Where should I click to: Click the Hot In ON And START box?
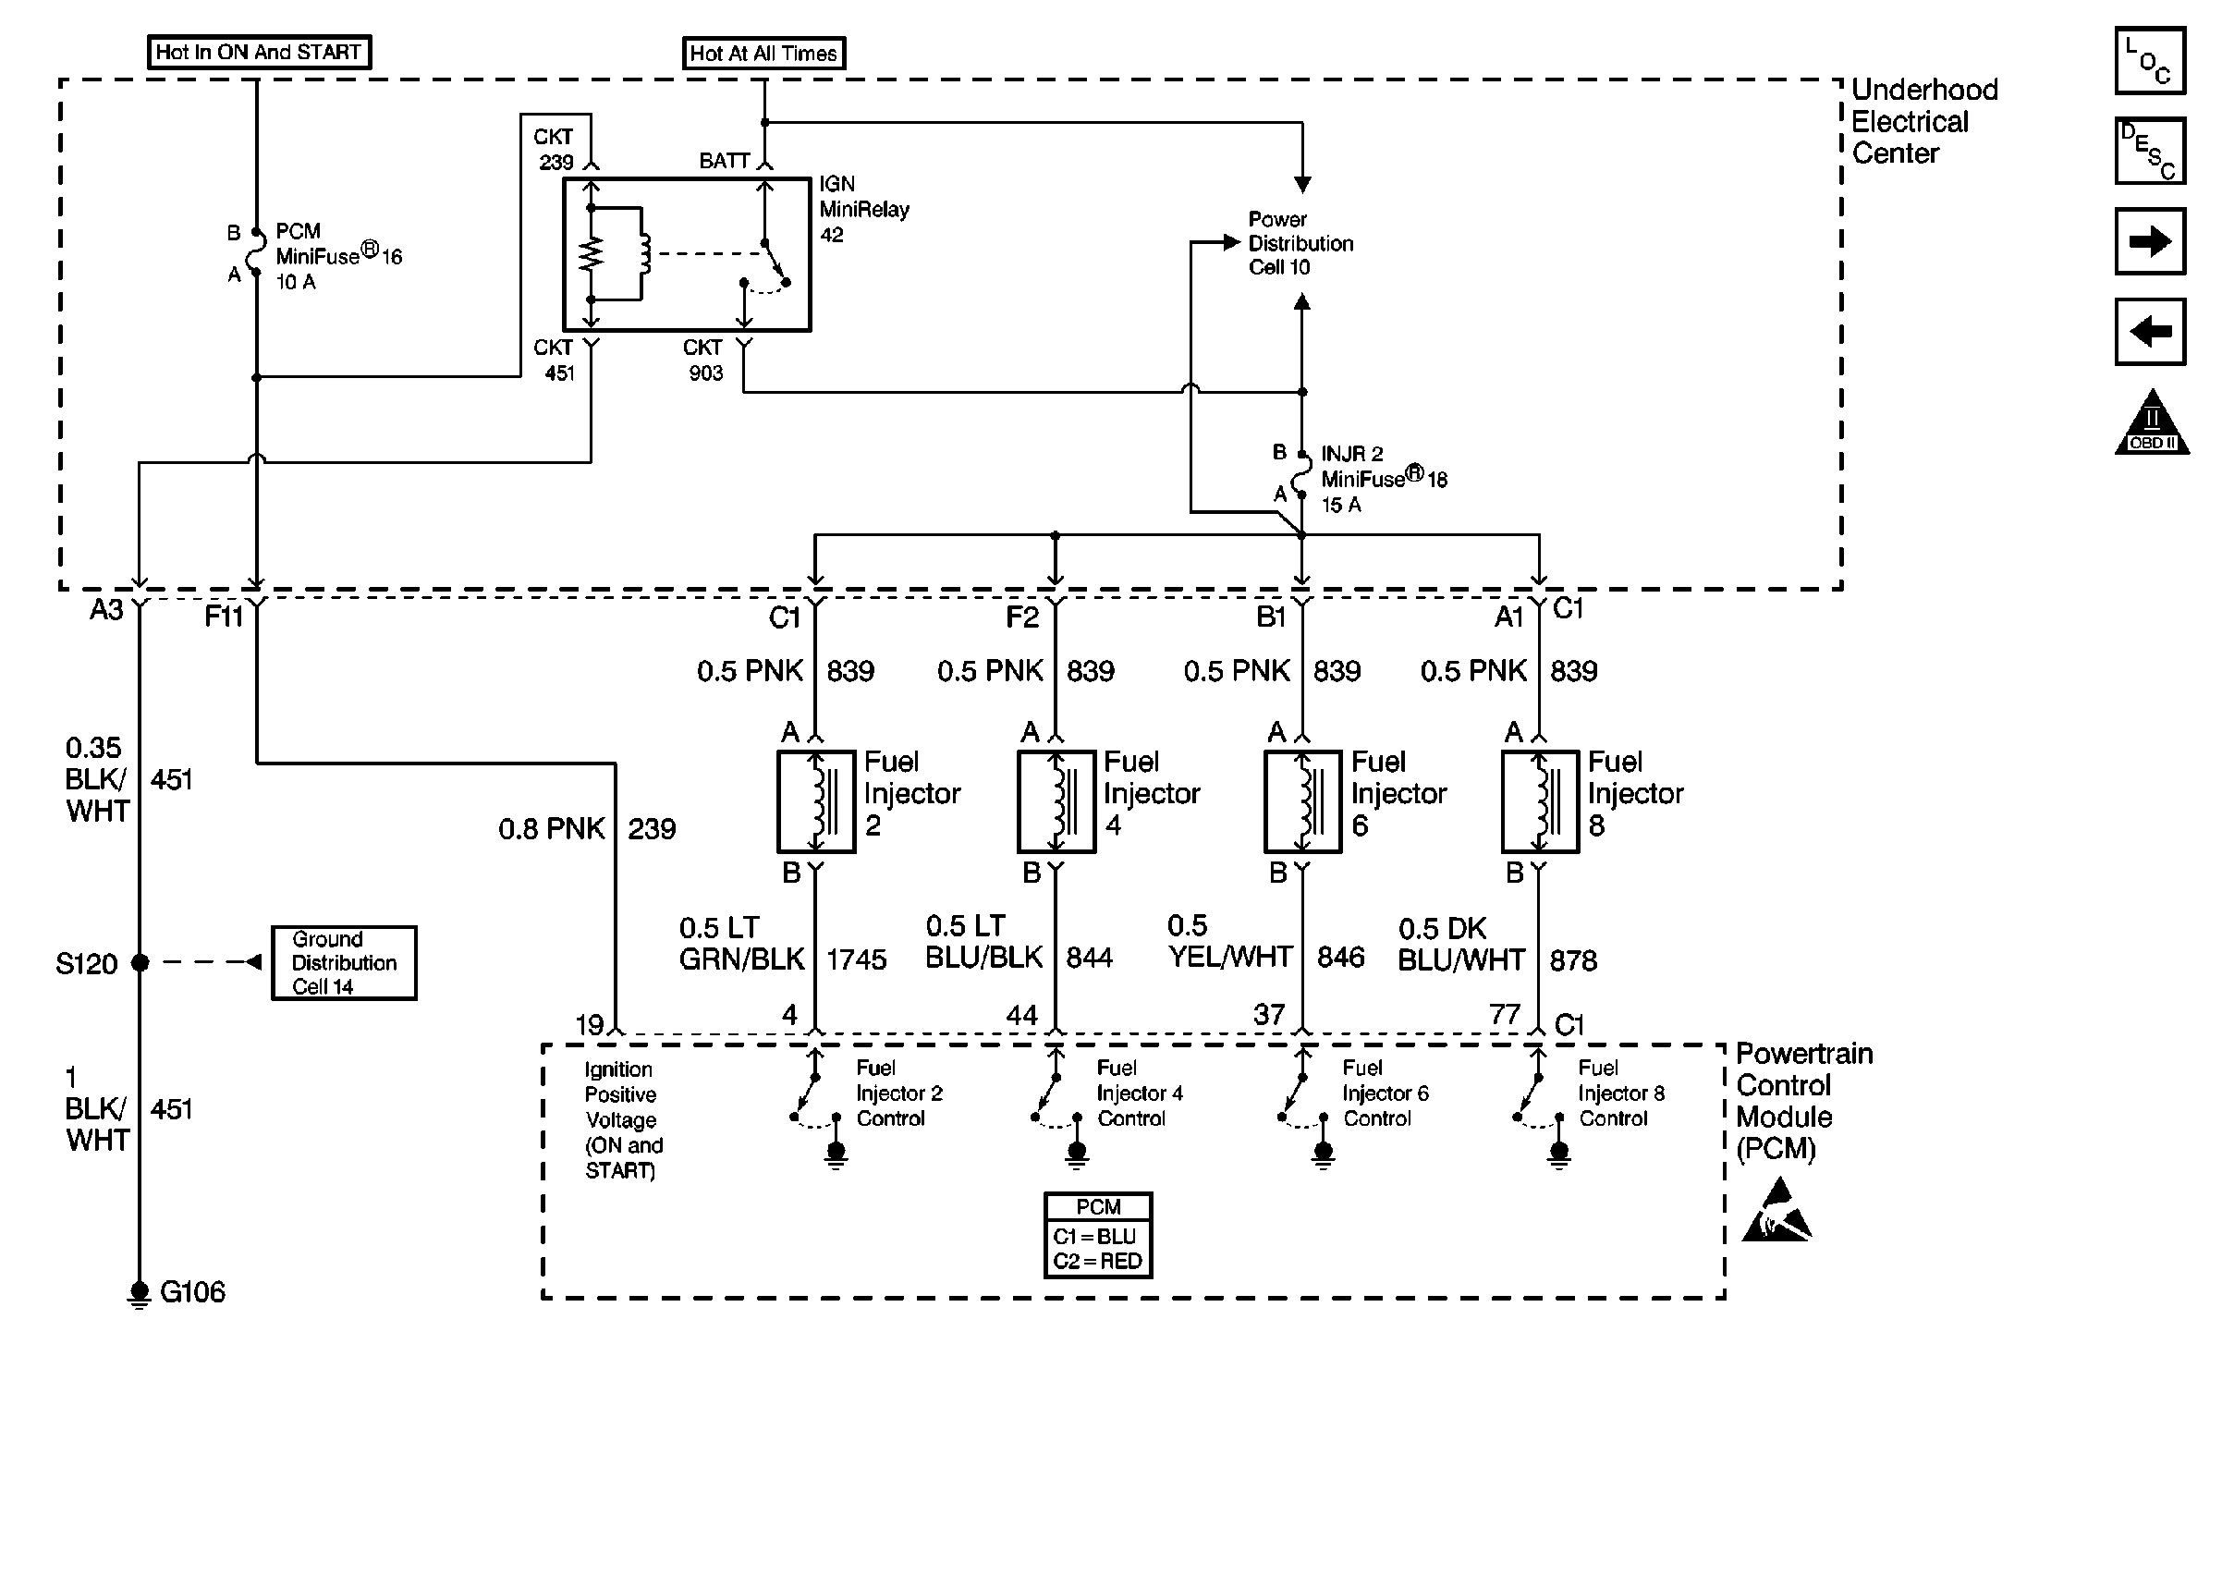tap(258, 52)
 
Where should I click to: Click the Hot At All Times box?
tap(763, 54)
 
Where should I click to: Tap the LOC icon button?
tap(2150, 61)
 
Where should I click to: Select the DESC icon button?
tap(2150, 151)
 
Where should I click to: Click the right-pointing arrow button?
tap(2150, 241)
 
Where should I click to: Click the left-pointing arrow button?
tap(2150, 332)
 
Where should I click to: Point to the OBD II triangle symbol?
tap(2152, 424)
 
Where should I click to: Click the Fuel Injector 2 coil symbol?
tap(816, 801)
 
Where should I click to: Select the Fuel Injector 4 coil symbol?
tap(1056, 801)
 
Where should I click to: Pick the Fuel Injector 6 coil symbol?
tap(1302, 801)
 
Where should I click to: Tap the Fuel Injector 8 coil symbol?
tap(1540, 801)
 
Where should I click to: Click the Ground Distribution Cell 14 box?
tap(344, 963)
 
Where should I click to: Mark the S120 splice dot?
tap(140, 963)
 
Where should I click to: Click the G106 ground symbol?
tap(140, 1294)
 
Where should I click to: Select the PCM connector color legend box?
tap(1098, 1235)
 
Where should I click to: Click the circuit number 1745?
tap(856, 960)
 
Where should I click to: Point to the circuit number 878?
tap(1573, 961)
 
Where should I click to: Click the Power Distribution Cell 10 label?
tap(1300, 243)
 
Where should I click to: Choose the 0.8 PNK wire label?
tap(552, 829)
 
